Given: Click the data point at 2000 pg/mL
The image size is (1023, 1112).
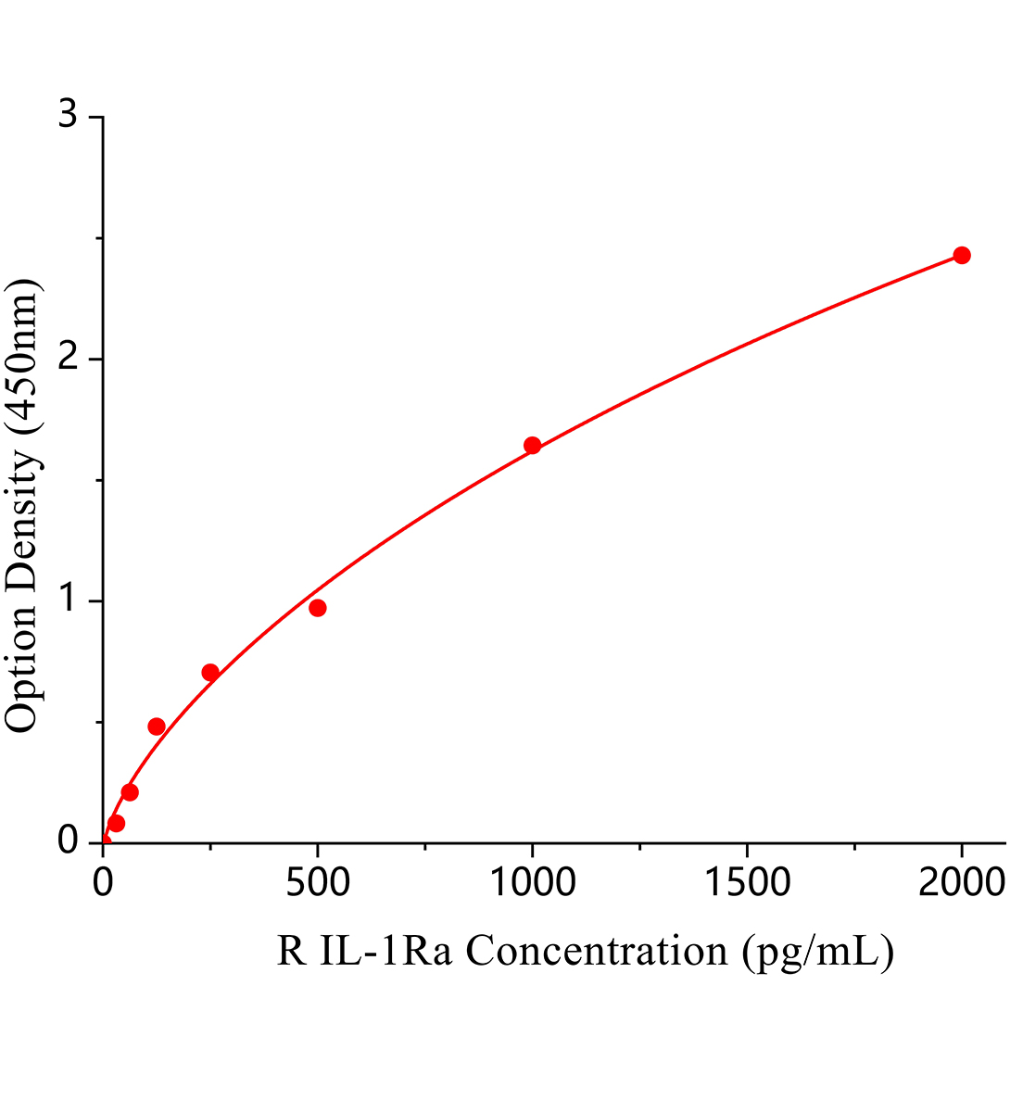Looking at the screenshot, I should pos(961,255).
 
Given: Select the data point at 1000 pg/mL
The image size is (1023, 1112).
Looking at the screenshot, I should pos(532,445).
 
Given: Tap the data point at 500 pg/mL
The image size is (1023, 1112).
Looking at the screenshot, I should pos(318,608).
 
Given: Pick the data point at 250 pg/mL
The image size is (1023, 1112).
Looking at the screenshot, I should pos(210,672).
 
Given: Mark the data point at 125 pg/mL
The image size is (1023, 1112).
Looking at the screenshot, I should pos(157,726).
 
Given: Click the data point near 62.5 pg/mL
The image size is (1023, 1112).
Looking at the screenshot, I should pos(130,792).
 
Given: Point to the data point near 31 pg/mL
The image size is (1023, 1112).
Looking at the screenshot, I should pos(116,823).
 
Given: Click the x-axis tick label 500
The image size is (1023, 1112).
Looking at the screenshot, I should pos(318,884).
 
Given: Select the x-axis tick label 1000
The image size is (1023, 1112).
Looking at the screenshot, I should pos(532,884).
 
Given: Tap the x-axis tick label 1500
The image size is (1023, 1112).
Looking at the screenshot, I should pos(747,884).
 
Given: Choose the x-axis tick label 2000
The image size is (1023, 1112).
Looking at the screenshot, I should pos(961,884).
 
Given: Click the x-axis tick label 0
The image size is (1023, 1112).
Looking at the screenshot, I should pos(103,884).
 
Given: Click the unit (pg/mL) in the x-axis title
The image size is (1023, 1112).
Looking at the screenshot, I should pos(817,952).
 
